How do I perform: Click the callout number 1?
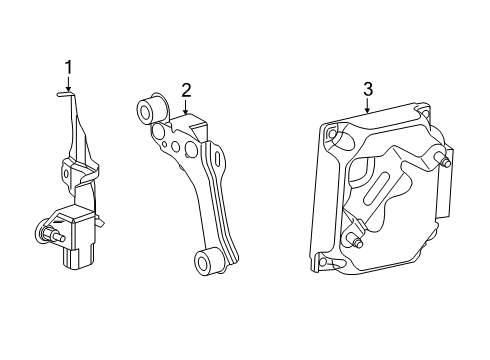[68, 68]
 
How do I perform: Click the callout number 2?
[186, 90]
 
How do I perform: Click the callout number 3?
[368, 89]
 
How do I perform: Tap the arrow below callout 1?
[68, 84]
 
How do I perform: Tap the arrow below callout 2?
[186, 107]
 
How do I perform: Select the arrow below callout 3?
[367, 106]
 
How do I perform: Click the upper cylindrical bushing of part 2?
[150, 109]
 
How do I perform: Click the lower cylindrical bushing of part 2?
[207, 262]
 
